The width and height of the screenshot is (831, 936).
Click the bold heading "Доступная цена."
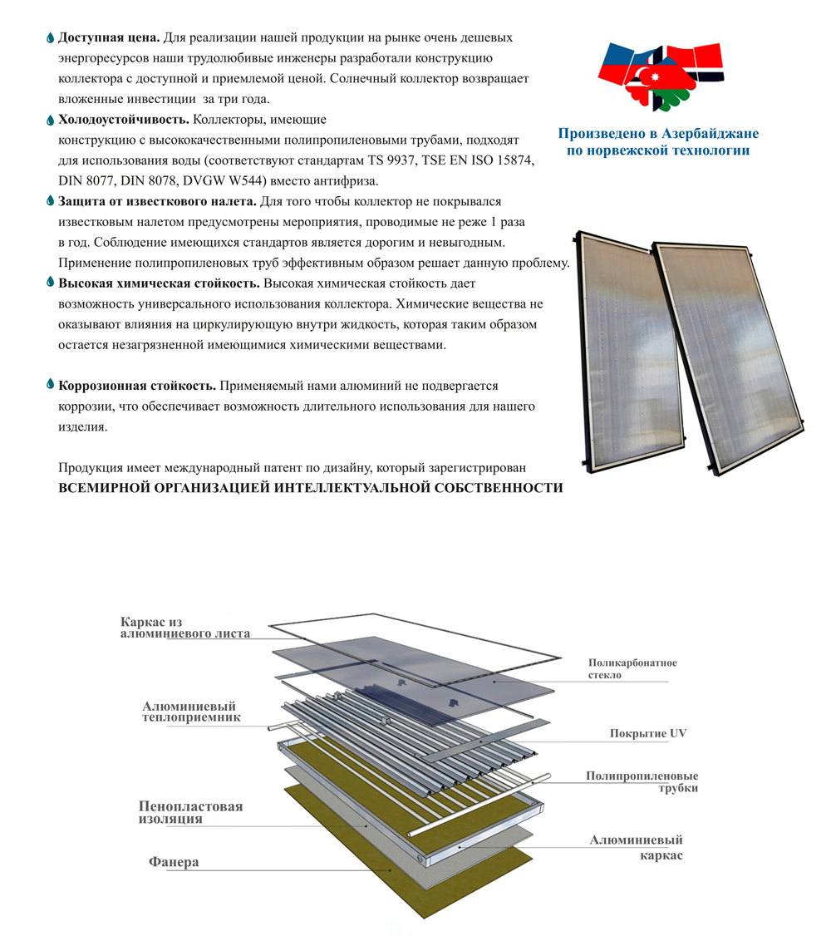[x=109, y=38]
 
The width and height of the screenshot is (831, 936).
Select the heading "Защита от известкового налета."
[x=157, y=201]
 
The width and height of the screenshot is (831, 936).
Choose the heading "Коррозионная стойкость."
[x=137, y=387]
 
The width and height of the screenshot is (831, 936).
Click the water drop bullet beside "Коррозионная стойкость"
[x=50, y=386]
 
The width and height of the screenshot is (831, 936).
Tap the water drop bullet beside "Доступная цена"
[x=50, y=38]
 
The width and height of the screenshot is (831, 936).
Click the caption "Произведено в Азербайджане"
[x=658, y=134]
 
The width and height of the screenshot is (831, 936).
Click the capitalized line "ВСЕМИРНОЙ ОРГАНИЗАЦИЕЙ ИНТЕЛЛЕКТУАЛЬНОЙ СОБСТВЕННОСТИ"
[x=310, y=488]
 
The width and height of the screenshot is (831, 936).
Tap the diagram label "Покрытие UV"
[x=648, y=733]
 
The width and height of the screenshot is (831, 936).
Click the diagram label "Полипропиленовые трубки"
[x=642, y=781]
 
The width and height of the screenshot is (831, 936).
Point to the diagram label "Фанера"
[x=174, y=862]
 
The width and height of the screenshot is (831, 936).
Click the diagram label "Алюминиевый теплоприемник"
[x=190, y=711]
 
